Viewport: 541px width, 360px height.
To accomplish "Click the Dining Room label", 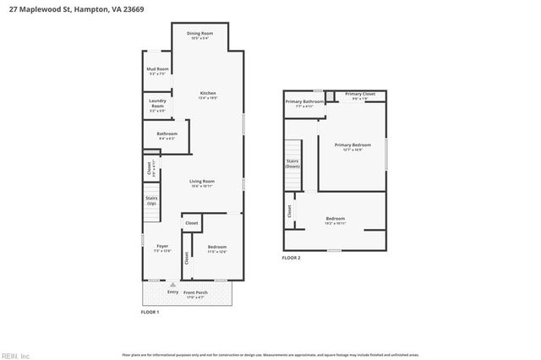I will tap(200, 33).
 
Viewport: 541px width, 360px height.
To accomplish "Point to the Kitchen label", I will tap(208, 93).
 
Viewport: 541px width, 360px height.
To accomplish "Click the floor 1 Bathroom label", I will tap(167, 133).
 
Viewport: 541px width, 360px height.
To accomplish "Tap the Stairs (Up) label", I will tap(151, 201).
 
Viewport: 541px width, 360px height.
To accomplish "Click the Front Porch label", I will tap(195, 292).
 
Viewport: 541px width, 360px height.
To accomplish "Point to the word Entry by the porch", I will tap(172, 292).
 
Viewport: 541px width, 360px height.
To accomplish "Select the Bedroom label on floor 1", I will tap(217, 246).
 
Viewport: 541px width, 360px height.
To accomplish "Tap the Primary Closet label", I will tap(359, 94).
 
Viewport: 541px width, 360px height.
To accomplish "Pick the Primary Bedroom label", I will tap(352, 145).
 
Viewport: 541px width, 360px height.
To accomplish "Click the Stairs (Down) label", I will tap(292, 162).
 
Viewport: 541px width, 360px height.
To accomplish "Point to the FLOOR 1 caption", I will tap(150, 312).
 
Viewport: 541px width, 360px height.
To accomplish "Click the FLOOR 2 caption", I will tap(291, 258).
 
